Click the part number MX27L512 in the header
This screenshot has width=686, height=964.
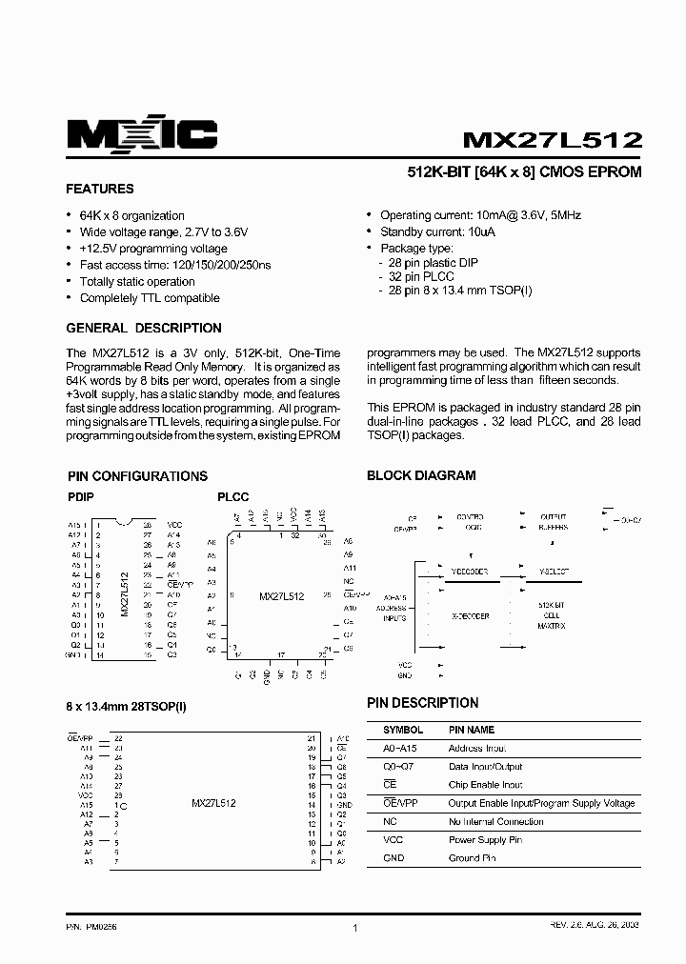(552, 139)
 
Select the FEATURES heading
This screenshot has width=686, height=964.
(100, 189)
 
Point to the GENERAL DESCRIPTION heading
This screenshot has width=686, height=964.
(144, 328)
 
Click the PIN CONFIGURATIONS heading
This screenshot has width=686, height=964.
(137, 476)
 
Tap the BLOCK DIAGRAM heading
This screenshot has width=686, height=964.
(421, 475)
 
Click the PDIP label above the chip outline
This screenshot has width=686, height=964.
(81, 497)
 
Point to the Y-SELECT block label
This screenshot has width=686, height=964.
(554, 572)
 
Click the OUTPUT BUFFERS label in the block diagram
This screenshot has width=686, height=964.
(553, 521)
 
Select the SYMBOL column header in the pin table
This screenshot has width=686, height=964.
(403, 730)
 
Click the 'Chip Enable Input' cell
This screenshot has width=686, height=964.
(485, 785)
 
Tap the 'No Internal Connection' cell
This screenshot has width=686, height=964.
(495, 821)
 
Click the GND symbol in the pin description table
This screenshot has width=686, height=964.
(393, 858)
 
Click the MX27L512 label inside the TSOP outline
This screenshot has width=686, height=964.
(213, 803)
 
